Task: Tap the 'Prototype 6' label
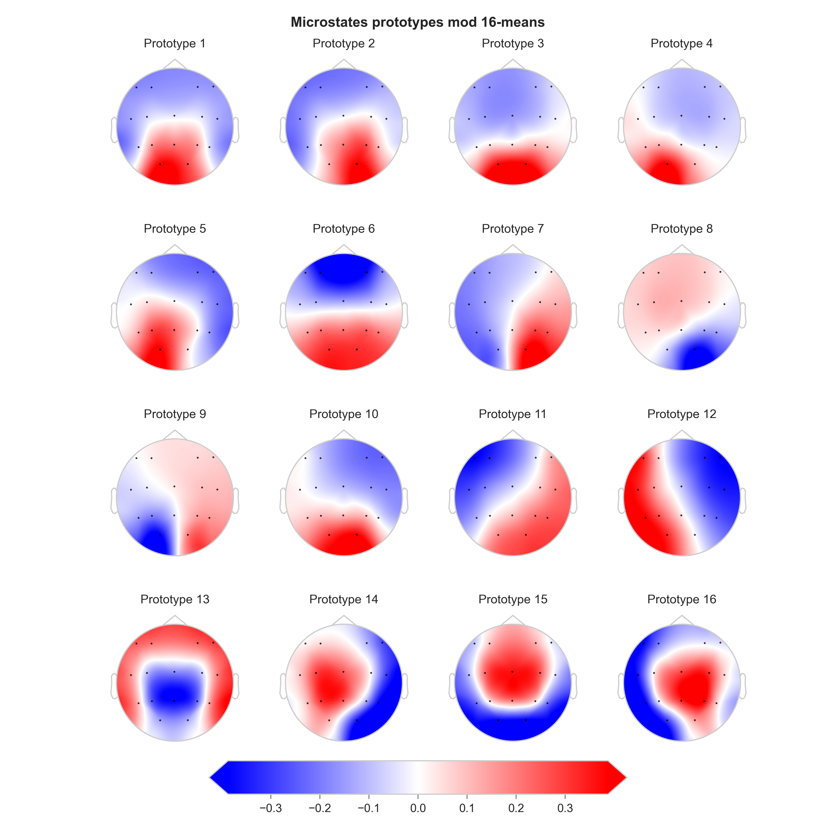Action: click(x=344, y=229)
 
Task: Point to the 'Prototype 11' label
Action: click(x=512, y=414)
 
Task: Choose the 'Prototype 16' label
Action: click(x=682, y=599)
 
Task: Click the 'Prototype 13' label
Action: click(x=174, y=599)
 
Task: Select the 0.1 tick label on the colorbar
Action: click(x=466, y=808)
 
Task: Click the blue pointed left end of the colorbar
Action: click(x=218, y=777)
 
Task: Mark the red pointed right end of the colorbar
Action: click(x=618, y=777)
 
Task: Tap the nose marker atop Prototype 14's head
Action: click(x=344, y=620)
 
